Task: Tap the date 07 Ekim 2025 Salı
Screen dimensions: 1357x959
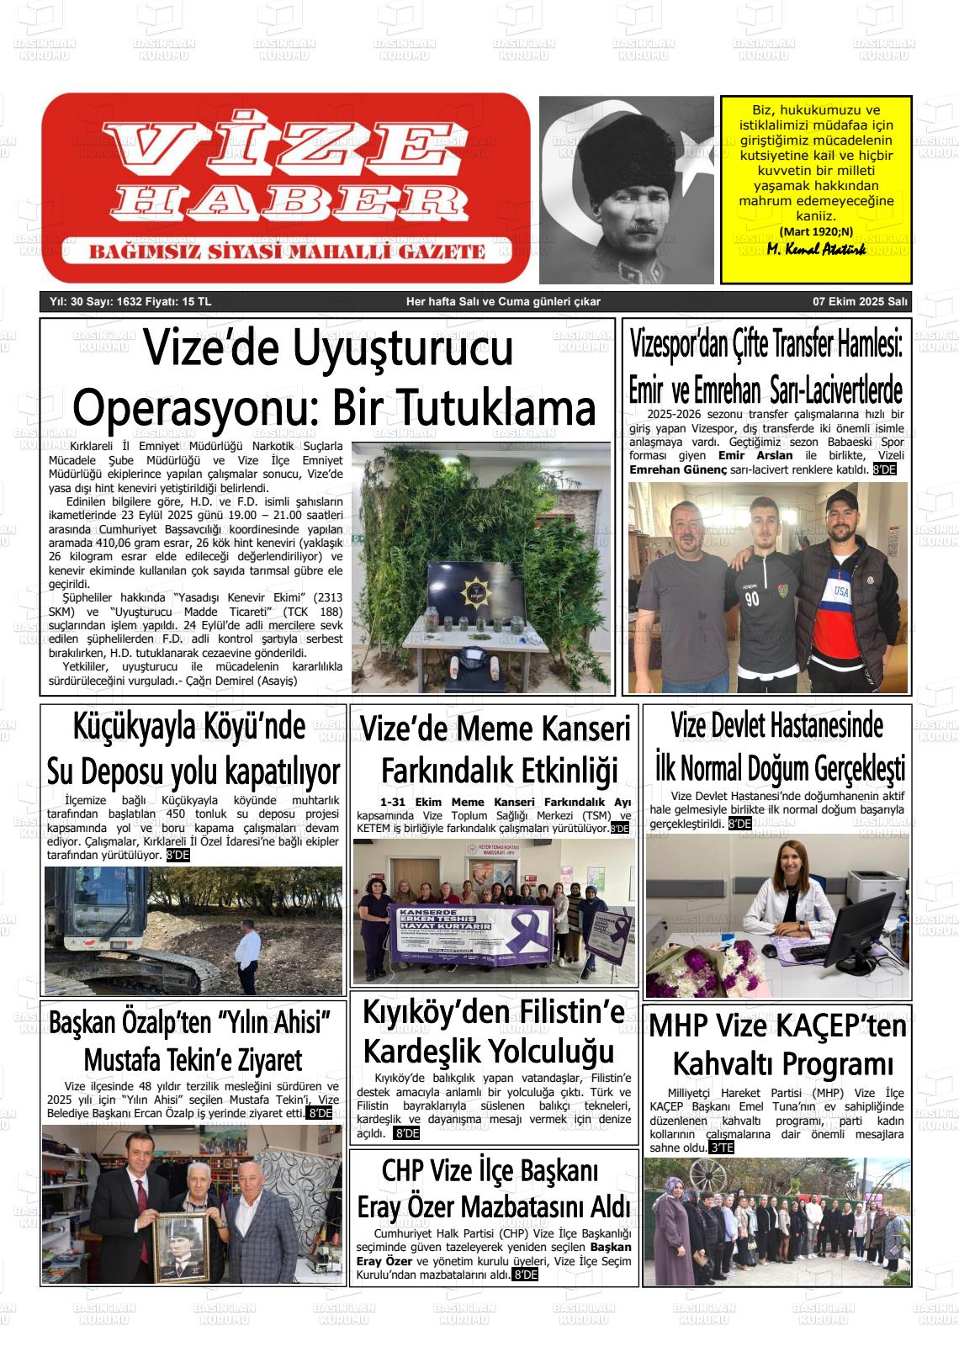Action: (x=859, y=301)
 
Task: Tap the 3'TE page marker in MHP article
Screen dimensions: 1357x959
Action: (x=721, y=1148)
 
